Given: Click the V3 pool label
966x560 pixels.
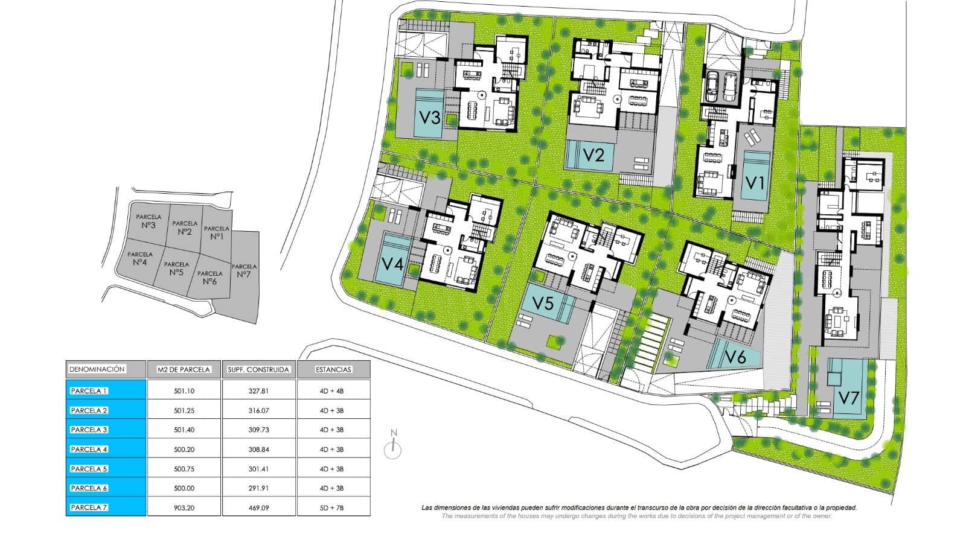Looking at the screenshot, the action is (x=429, y=117).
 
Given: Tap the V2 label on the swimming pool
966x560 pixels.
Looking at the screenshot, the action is (x=593, y=154).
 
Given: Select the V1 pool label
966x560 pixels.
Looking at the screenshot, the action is (x=755, y=183).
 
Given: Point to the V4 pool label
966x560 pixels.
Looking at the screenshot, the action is (x=393, y=263).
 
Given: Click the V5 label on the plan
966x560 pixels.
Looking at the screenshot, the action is (x=543, y=303).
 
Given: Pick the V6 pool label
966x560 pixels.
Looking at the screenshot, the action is (x=735, y=357).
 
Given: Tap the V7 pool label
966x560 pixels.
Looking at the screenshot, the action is (x=849, y=398).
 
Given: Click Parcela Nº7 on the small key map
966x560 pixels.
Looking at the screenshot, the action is (x=244, y=270).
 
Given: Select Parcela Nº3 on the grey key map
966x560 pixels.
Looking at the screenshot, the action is (x=149, y=221).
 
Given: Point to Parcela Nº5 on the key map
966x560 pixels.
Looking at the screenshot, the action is (x=176, y=269).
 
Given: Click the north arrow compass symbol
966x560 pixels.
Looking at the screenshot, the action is (x=393, y=444).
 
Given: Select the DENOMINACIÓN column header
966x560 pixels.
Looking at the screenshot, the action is (x=97, y=369).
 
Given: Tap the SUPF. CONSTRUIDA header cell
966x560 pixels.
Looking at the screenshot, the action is (x=259, y=369).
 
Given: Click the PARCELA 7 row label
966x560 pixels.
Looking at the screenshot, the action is (x=89, y=507).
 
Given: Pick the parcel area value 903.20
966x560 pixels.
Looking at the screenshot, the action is (x=184, y=508).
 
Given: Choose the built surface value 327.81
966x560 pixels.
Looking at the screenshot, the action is (x=259, y=391).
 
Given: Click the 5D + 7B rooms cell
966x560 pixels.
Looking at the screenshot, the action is (x=331, y=508).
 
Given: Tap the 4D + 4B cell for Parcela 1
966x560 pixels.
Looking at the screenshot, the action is (x=331, y=391).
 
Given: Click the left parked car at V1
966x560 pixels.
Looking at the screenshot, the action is (x=712, y=86).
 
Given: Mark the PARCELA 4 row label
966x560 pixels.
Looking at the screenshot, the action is (x=89, y=449).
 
